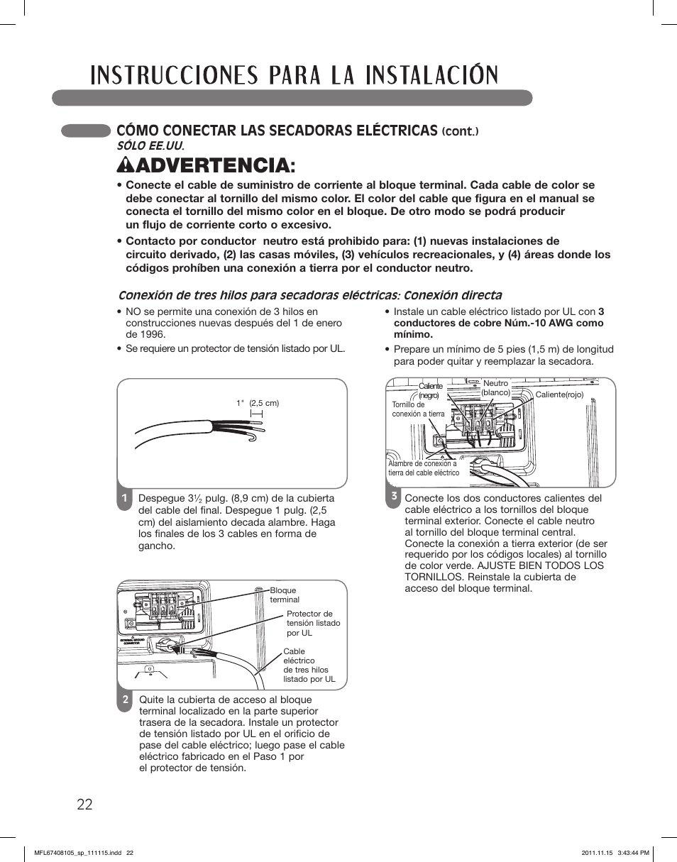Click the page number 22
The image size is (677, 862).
tap(84, 804)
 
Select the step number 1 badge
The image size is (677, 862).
tap(123, 498)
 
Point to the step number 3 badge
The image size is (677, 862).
tap(392, 497)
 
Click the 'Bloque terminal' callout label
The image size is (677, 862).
tap(284, 595)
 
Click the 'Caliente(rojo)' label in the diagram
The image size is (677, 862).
tap(558, 394)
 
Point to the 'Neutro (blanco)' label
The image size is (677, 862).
tap(495, 387)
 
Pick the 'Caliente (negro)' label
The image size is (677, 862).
tap(429, 391)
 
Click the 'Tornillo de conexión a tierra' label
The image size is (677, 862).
tap(418, 409)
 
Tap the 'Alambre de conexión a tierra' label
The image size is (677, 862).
tap(424, 468)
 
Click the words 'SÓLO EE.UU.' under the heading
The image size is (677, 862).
tap(155, 145)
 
